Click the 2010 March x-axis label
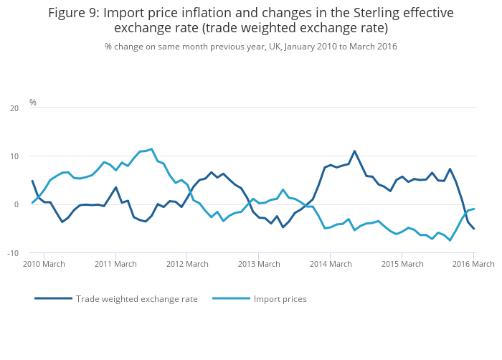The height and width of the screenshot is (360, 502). tap(44, 264)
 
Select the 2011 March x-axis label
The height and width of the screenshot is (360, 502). tap(115, 264)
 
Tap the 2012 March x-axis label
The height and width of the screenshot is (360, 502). tap(186, 264)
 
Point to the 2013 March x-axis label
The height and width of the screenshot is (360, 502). tap(258, 264)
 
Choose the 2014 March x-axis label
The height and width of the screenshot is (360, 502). tap(330, 264)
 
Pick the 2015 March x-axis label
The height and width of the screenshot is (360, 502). tap(402, 264)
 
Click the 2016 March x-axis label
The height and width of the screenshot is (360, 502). tap(473, 264)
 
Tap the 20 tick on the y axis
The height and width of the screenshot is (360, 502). tap(14, 108)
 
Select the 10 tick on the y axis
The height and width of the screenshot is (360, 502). tap(14, 156)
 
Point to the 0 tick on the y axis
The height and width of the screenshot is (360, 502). tap(16, 204)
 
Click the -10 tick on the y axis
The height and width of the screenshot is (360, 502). tap(13, 253)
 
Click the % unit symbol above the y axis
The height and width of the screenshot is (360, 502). tap(33, 103)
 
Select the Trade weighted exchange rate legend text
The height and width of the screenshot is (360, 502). tap(137, 298)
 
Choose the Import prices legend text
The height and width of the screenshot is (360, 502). tap(280, 298)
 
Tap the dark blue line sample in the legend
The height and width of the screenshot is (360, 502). tap(53, 298)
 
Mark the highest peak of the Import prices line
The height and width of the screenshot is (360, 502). tap(151, 149)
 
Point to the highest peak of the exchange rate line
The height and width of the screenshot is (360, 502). tap(354, 151)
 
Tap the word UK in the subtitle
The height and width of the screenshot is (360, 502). tap(275, 46)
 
